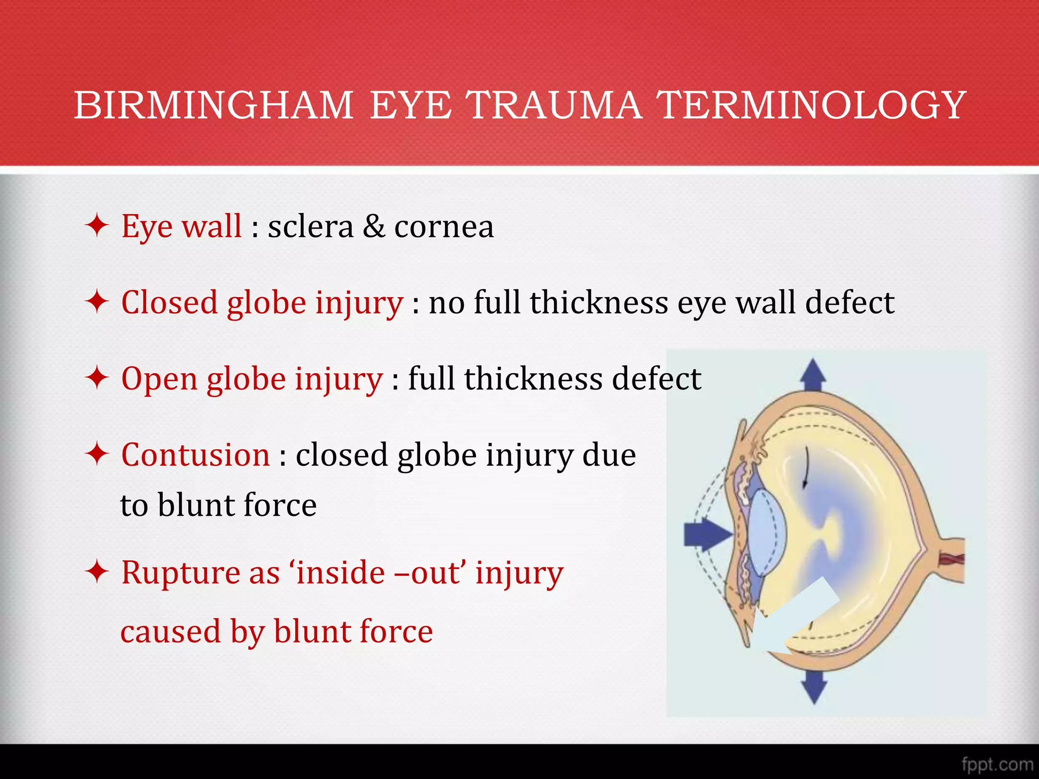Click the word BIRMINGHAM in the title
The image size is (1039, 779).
coord(213,105)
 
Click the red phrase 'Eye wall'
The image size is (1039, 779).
coord(181,226)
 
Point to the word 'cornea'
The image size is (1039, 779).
coord(444,227)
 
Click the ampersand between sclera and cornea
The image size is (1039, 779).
coord(373,227)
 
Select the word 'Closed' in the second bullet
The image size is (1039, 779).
coord(169,303)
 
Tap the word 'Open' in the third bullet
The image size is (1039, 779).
coord(159,379)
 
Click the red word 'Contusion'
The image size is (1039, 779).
coord(195,455)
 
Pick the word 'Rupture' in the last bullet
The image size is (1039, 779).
coord(180,573)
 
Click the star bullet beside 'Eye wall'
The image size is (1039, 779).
coord(97,226)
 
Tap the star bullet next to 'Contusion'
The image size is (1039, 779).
coord(97,454)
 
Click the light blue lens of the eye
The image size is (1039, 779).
coord(766,533)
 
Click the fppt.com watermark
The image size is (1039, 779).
coord(996,764)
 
